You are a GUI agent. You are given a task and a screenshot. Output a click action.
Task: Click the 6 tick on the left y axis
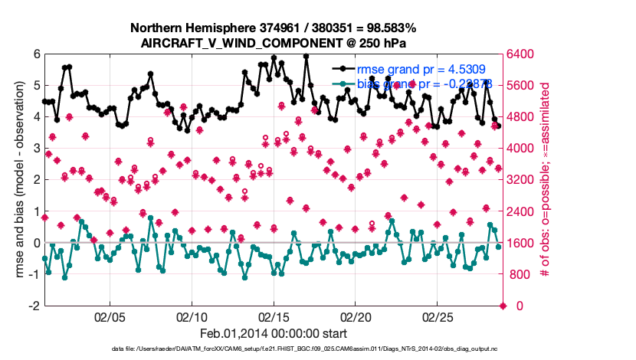pyautogui.click(x=36, y=54)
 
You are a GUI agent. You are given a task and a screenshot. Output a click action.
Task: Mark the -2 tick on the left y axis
pyautogui.click(x=34, y=306)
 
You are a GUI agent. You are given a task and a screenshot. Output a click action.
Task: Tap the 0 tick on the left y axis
pyautogui.click(x=36, y=243)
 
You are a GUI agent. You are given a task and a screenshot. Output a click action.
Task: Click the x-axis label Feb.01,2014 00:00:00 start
pyautogui.click(x=274, y=333)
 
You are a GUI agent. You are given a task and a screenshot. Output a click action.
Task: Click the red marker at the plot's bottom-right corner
pyautogui.click(x=503, y=306)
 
